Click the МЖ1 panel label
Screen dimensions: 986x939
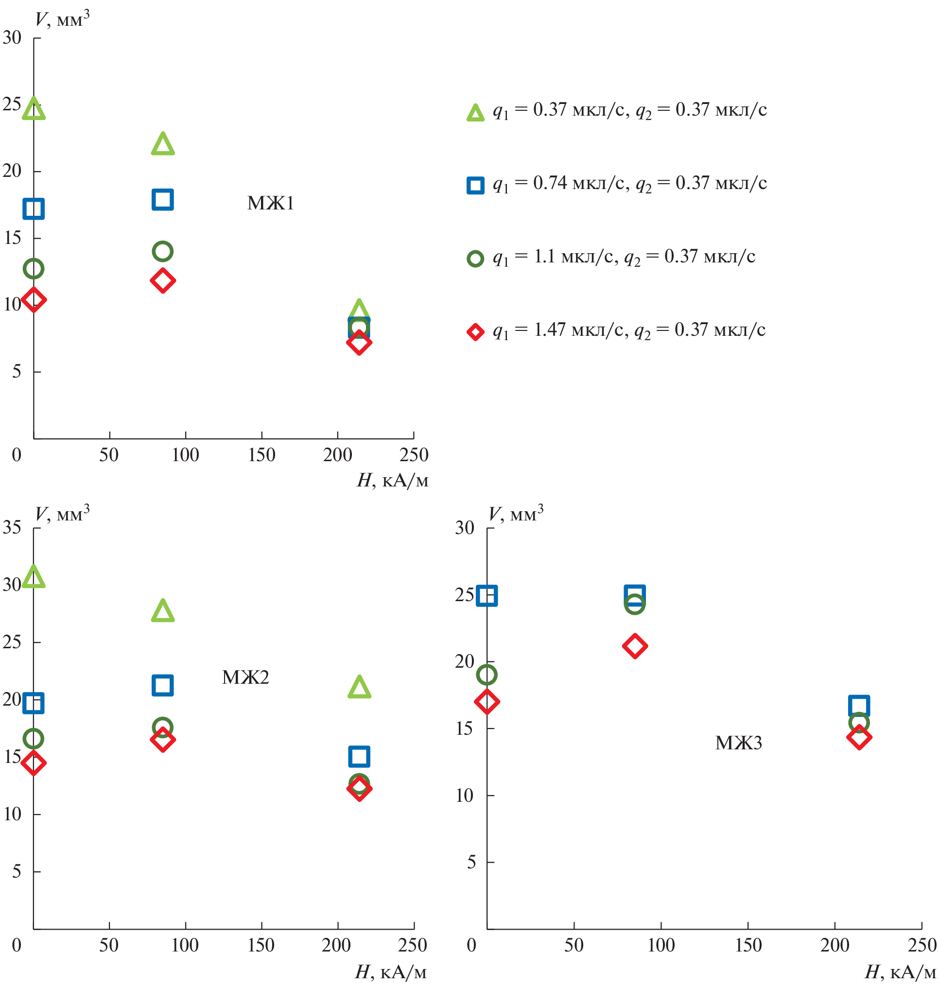pos(270,203)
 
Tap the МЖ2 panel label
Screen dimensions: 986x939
pos(245,677)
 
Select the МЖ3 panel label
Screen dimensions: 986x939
pos(738,743)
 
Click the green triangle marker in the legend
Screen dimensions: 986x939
pos(475,113)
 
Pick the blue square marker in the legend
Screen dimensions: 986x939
pos(475,185)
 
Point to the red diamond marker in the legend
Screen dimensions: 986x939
pos(475,332)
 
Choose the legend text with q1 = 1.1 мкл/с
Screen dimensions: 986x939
pos(624,257)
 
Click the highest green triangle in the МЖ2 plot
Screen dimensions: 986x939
pos(34,577)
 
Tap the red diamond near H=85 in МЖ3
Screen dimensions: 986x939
pos(635,646)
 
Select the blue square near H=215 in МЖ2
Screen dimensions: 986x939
pos(359,756)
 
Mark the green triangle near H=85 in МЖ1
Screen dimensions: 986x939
pos(163,144)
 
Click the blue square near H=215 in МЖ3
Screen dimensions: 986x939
pos(859,706)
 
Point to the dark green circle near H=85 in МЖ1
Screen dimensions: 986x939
pos(163,251)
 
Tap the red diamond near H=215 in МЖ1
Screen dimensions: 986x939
pos(359,343)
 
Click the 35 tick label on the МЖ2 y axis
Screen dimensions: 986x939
pos(12,528)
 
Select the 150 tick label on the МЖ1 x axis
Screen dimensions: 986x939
pos(262,455)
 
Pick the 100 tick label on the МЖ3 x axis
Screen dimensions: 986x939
pos(661,945)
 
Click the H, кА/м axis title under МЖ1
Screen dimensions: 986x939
pos(392,481)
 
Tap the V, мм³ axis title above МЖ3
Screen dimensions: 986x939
pos(516,514)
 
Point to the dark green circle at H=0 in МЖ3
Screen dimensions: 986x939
pos(487,675)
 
